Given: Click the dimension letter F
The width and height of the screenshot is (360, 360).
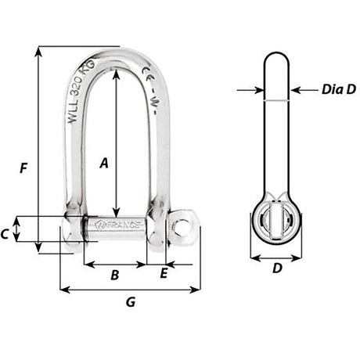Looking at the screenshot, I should click(24, 167).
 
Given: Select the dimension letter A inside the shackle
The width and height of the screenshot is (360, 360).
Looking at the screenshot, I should click(103, 163).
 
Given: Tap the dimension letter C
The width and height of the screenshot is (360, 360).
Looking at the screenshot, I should click(5, 233).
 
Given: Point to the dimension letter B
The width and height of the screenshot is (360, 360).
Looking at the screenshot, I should click(114, 275).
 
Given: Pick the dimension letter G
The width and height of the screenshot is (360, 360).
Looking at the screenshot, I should click(130, 301).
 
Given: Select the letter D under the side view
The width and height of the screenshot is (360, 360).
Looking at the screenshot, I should click(277, 268).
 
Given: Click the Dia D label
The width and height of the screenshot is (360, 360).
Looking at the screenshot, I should click(338, 89).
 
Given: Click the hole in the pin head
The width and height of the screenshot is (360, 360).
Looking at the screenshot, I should click(182, 226).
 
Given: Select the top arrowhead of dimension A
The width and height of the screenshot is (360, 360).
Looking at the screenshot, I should click(117, 72).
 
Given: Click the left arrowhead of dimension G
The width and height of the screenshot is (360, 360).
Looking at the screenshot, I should click(63, 290).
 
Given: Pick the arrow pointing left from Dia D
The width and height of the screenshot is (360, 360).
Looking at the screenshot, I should click(295, 90).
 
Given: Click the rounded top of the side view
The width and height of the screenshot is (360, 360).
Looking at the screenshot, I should click(277, 58).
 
